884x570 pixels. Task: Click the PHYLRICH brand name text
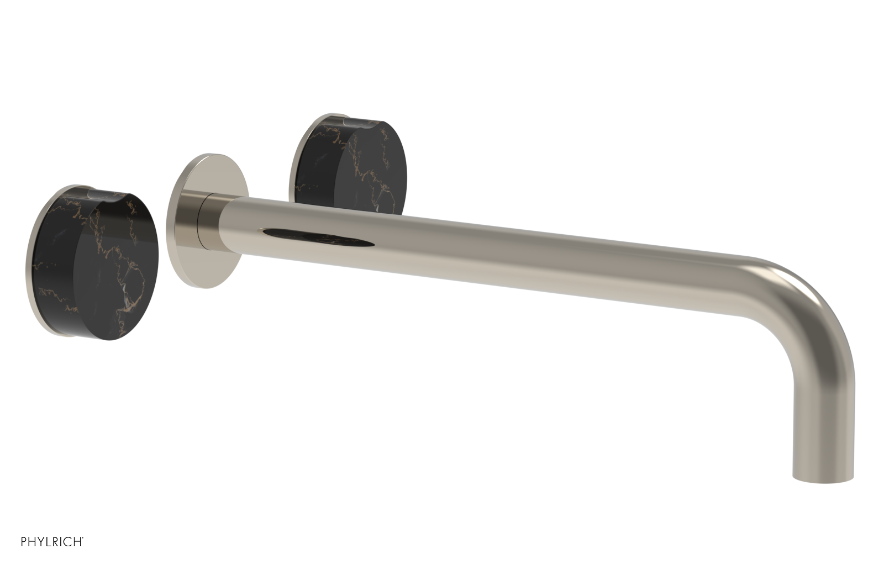click(x=52, y=557)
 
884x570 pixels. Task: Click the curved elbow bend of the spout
click(x=812, y=309)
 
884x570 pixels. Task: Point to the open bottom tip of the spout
click(x=823, y=479)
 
